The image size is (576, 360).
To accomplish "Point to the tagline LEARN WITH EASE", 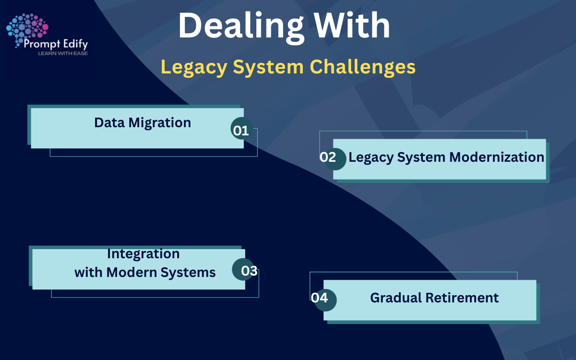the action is (x=63, y=53).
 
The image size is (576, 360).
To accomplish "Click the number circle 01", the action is (x=241, y=130).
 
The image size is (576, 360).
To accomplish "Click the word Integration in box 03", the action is (x=143, y=253).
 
